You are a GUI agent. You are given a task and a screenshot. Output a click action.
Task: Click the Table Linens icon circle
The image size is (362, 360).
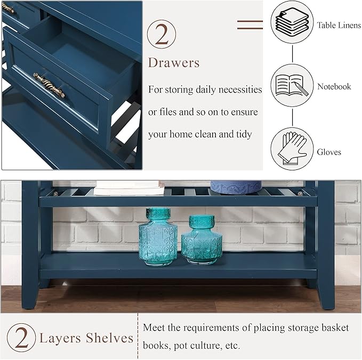[292, 22]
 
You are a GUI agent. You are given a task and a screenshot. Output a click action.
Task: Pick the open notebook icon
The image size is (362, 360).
[292, 86]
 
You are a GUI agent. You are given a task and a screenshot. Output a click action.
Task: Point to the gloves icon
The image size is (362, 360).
[292, 149]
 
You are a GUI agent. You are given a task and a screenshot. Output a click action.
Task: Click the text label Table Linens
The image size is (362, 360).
[339, 25]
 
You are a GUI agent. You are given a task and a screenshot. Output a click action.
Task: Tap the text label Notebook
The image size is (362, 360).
[334, 86]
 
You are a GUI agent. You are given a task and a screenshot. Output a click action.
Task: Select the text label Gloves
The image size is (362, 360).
[329, 152]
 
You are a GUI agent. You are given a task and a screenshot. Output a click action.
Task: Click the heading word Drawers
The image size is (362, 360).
[174, 63]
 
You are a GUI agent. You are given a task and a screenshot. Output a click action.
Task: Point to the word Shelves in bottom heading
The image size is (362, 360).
[110, 338]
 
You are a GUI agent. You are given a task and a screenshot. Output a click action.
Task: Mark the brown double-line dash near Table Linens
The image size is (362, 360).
[250, 23]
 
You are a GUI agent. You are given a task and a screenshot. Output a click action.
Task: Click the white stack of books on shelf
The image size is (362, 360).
[129, 187]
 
